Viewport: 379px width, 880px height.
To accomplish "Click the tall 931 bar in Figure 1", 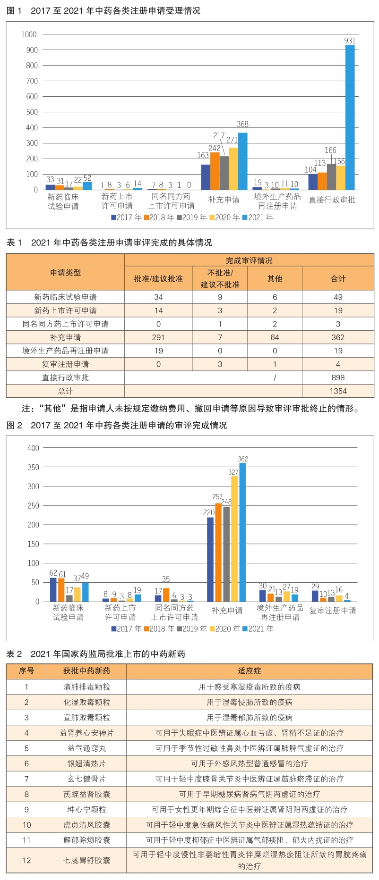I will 350,117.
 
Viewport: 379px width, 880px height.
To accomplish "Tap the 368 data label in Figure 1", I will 242,124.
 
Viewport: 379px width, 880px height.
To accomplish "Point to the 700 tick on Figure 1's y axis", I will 32,81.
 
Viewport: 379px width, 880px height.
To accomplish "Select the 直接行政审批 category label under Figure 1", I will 332,200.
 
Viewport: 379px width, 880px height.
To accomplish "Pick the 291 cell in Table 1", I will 158,337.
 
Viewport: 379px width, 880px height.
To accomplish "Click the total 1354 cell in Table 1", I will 338,391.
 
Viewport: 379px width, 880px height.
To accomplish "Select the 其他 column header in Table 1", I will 275,279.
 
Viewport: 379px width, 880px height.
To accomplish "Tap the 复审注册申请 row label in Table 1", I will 65,364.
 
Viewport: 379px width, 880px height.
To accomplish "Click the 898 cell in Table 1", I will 338,377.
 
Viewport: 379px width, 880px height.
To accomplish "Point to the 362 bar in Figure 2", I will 242,532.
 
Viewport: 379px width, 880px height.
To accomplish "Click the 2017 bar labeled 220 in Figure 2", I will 210,560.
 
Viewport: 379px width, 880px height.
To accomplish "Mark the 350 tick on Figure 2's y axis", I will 33,467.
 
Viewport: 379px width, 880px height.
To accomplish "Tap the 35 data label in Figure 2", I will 165,579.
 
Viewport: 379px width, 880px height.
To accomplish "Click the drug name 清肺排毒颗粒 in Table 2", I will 86,687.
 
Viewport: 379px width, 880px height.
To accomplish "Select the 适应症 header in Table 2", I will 249,671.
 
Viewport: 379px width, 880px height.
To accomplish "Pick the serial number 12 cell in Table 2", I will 26,860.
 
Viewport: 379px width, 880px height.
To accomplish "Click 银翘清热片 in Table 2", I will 86,763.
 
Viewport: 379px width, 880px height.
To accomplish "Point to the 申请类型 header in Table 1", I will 65,273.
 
